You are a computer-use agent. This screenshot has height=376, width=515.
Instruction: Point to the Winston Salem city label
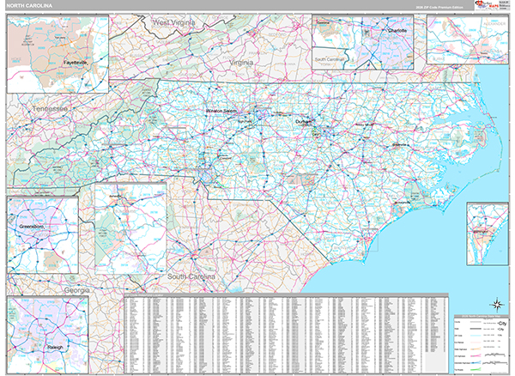(225, 112)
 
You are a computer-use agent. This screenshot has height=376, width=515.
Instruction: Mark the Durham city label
(306, 122)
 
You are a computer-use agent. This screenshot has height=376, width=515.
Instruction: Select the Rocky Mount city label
(365, 125)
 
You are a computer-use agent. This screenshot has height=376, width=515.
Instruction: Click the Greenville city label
(400, 145)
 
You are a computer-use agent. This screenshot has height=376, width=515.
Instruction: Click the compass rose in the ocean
(495, 302)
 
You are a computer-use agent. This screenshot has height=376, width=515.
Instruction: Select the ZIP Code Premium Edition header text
(438, 7)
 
